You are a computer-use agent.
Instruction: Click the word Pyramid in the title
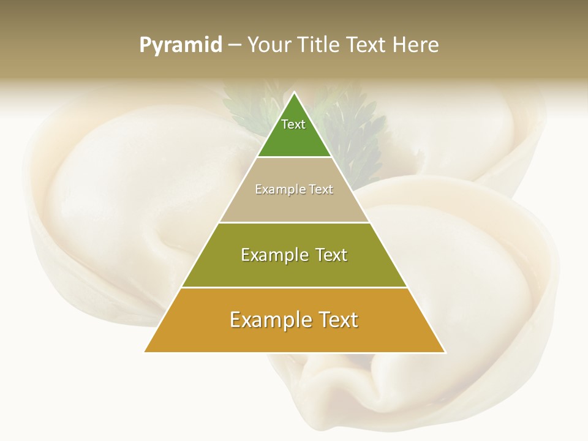tap(180, 45)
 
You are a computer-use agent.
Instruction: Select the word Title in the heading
tap(319, 45)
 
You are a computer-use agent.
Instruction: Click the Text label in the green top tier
tap(293, 124)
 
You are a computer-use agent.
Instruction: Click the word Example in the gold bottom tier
tap(267, 320)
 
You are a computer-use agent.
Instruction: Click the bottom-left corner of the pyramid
tap(145, 352)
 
